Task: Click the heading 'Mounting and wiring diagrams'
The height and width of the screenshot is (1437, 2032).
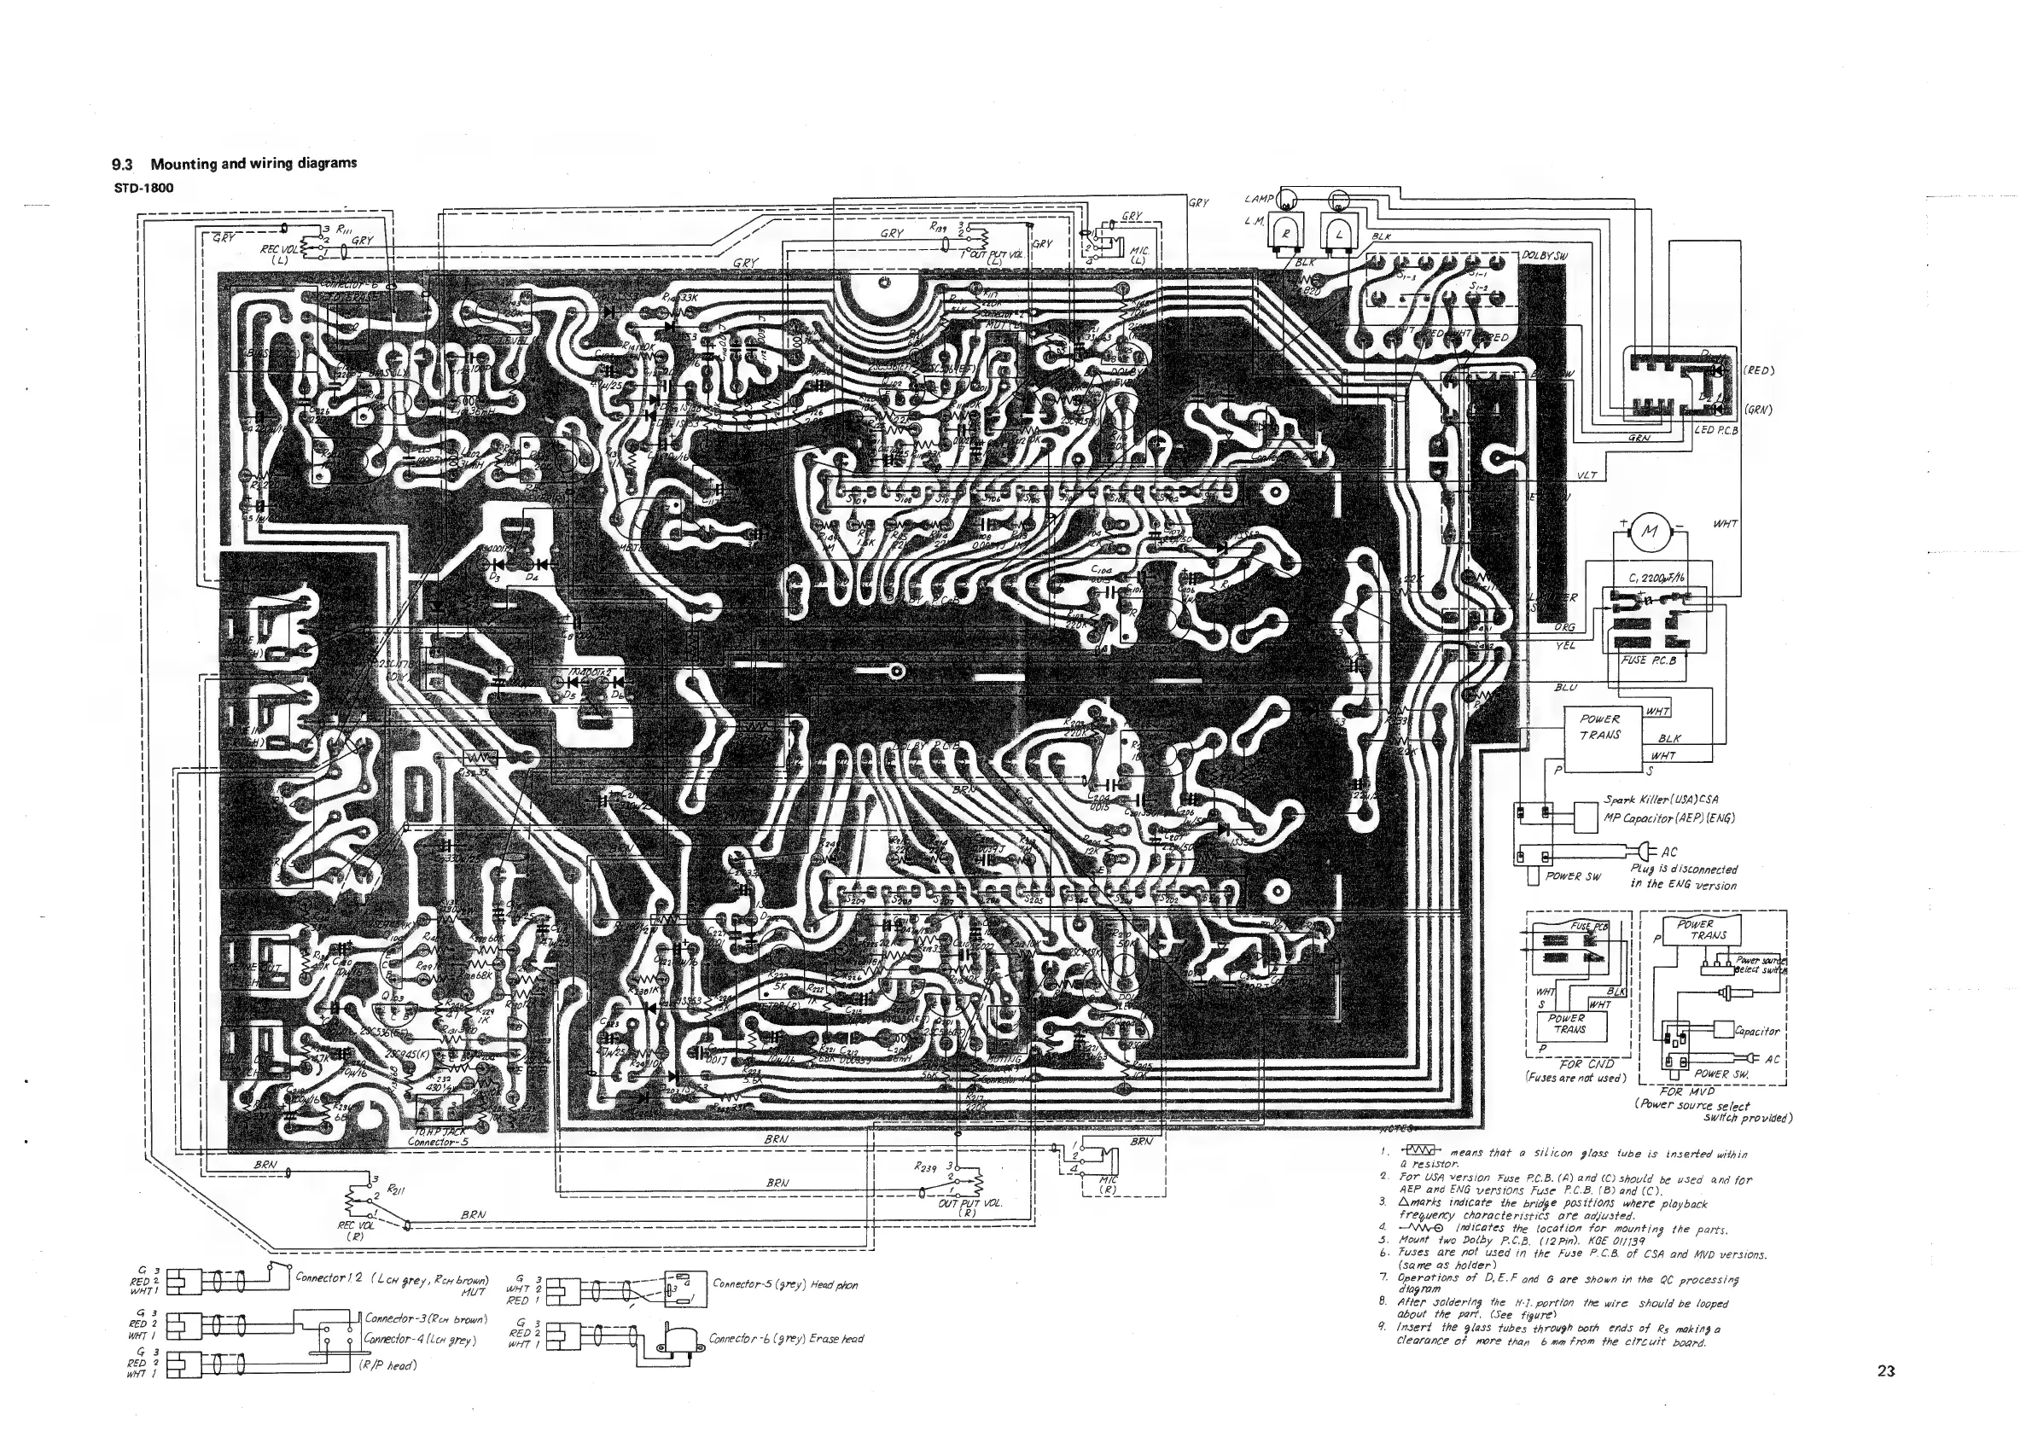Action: click(253, 164)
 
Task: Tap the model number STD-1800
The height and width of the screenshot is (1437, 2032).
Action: click(143, 188)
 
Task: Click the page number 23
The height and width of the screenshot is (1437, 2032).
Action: click(1885, 1371)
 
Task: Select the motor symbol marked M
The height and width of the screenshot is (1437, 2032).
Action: click(1649, 532)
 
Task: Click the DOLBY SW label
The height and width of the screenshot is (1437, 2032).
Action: click(1546, 255)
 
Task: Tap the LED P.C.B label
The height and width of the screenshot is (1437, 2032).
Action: click(1716, 430)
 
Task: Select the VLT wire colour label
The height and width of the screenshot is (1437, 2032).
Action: click(1587, 475)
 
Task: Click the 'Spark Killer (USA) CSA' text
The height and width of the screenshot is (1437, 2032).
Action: click(1661, 799)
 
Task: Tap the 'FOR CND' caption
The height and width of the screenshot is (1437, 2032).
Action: click(1587, 1063)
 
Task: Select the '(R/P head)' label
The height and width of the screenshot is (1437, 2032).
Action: click(387, 1365)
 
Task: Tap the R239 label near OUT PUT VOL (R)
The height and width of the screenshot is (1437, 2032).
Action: click(926, 1168)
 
